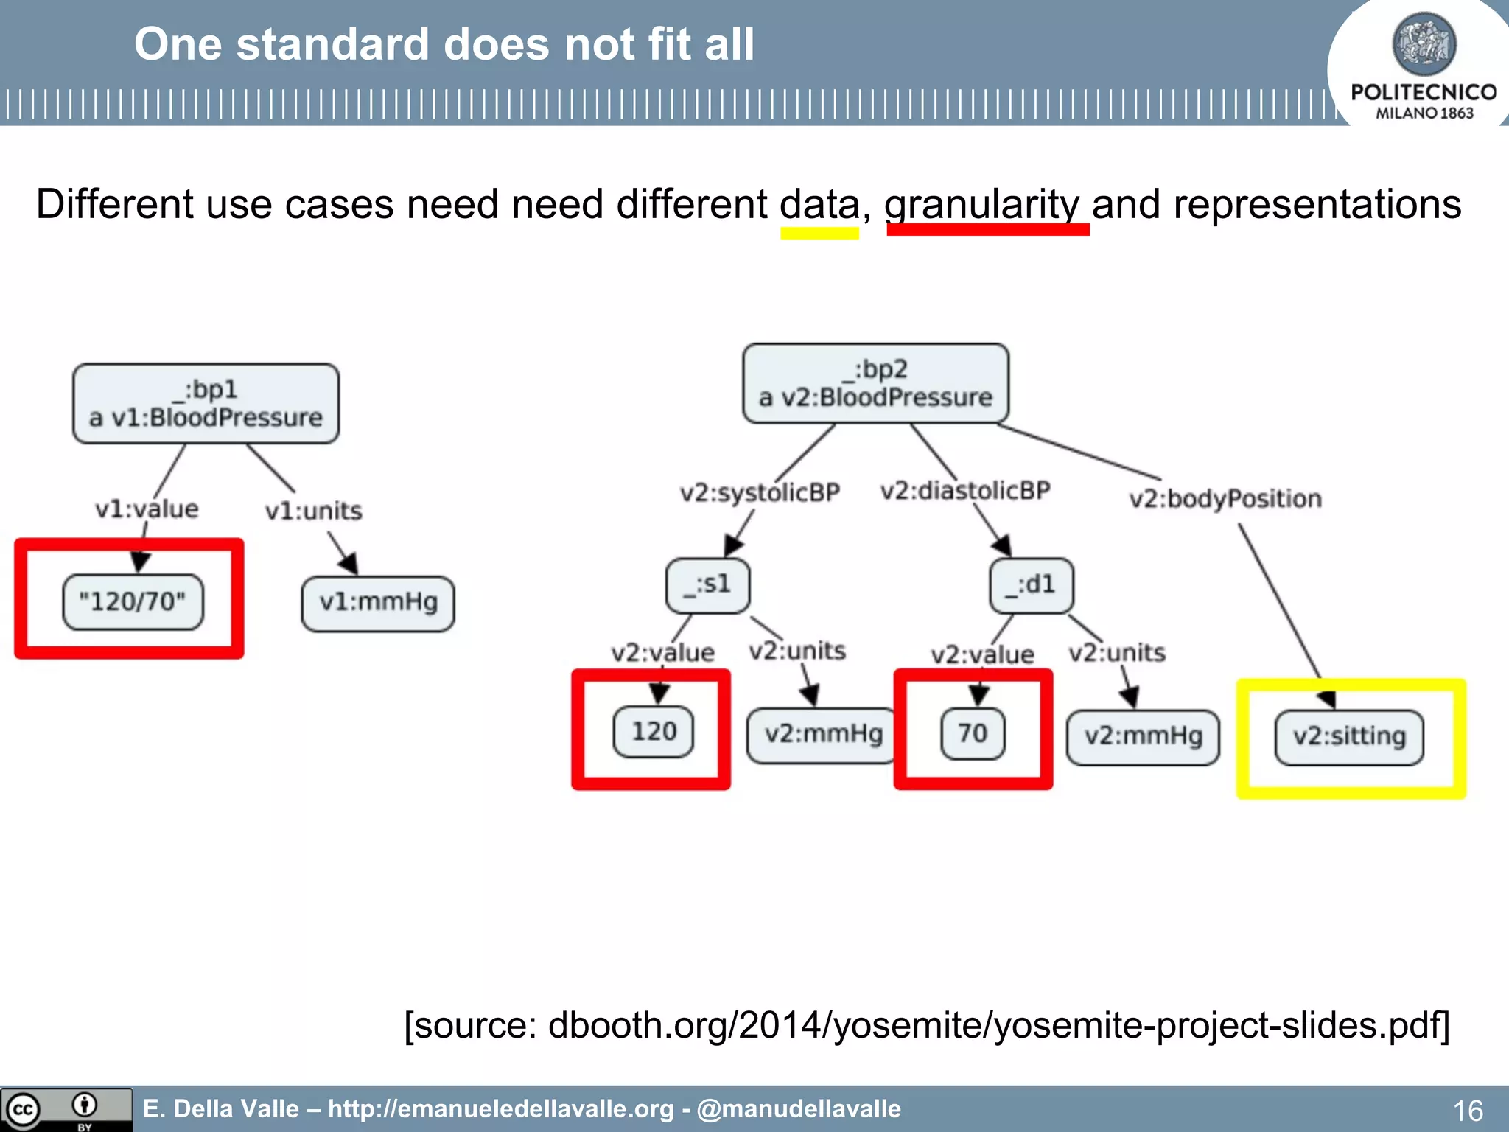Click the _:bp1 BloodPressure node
(x=206, y=403)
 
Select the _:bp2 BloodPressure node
(x=875, y=383)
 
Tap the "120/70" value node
(x=133, y=601)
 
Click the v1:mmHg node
(x=378, y=603)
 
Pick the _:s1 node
(x=707, y=585)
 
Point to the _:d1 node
(x=1031, y=585)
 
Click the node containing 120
(x=654, y=731)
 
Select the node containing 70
(x=973, y=733)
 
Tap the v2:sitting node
(x=1349, y=737)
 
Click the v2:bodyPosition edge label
(x=1225, y=499)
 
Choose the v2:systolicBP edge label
(x=760, y=492)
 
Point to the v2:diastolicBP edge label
(x=965, y=490)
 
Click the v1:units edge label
(x=313, y=511)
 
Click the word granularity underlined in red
(x=982, y=204)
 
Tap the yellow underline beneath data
(x=819, y=233)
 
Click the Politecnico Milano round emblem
(x=1424, y=43)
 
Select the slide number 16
(x=1467, y=1110)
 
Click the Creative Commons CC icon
(x=22, y=1109)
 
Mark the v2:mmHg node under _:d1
(x=1143, y=736)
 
